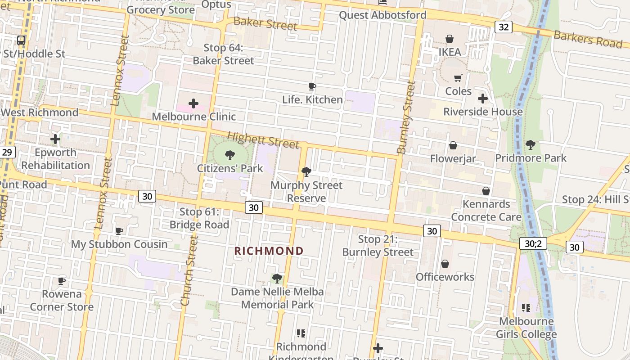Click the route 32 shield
[503, 27]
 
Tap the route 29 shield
[7, 152]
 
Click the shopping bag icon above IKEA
[449, 39]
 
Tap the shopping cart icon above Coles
[458, 78]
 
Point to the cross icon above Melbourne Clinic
[193, 104]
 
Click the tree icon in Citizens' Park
[230, 156]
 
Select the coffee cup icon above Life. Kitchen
[312, 86]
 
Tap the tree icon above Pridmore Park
[531, 145]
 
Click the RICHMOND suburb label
[269, 251]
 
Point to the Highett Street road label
[263, 140]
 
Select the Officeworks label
[445, 277]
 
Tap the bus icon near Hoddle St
[21, 40]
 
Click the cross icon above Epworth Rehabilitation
[55, 139]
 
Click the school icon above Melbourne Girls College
[526, 308]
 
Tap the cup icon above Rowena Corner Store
[62, 281]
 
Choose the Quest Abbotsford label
[382, 15]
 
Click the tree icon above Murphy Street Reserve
[306, 172]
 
